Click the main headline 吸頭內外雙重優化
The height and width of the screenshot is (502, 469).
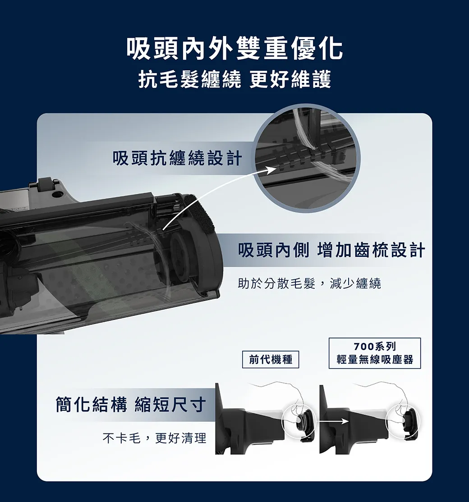[234, 49]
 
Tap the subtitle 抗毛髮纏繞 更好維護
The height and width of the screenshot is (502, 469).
[234, 79]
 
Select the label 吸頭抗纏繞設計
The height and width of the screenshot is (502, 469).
[177, 158]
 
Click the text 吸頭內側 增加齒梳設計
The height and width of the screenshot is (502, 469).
[331, 250]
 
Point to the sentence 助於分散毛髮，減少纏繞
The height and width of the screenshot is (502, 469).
[309, 283]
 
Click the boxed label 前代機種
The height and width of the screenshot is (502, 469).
[271, 360]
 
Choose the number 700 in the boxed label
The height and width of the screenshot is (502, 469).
[363, 347]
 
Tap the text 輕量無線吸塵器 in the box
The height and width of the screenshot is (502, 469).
[375, 360]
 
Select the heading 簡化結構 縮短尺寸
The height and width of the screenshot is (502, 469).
[131, 404]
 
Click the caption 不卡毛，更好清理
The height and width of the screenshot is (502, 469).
[154, 438]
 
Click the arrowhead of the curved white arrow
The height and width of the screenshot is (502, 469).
[271, 170]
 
